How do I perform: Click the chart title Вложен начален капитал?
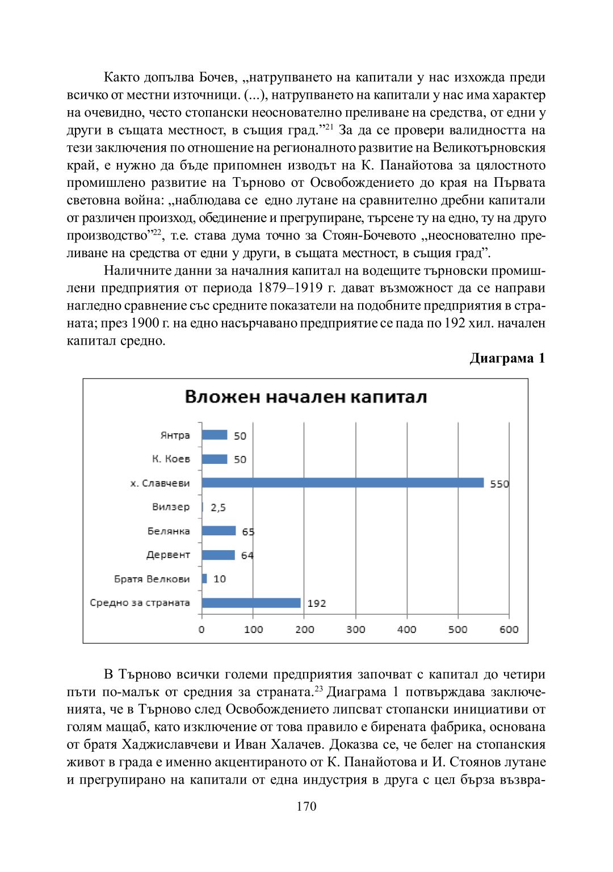pos(306,397)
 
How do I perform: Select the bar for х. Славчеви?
pos(343,483)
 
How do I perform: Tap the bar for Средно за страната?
pos(251,603)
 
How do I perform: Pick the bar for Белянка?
pos(219,531)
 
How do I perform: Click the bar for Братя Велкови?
pos(204,578)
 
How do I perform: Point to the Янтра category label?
pos(175,435)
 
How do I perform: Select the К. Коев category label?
pos(171,459)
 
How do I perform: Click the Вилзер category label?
pos(171,506)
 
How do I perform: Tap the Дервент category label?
pos(168,555)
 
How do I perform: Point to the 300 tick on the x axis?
pos(356,629)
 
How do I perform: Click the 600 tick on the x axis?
pos(509,629)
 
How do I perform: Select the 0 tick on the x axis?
pos(201,629)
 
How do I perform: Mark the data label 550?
pos(499,484)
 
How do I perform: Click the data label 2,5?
pos(218,508)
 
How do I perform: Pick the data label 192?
pos(317,603)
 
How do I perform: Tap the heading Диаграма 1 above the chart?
pos(507,358)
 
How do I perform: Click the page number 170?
pos(306,806)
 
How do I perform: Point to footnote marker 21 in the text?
pos(329,127)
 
